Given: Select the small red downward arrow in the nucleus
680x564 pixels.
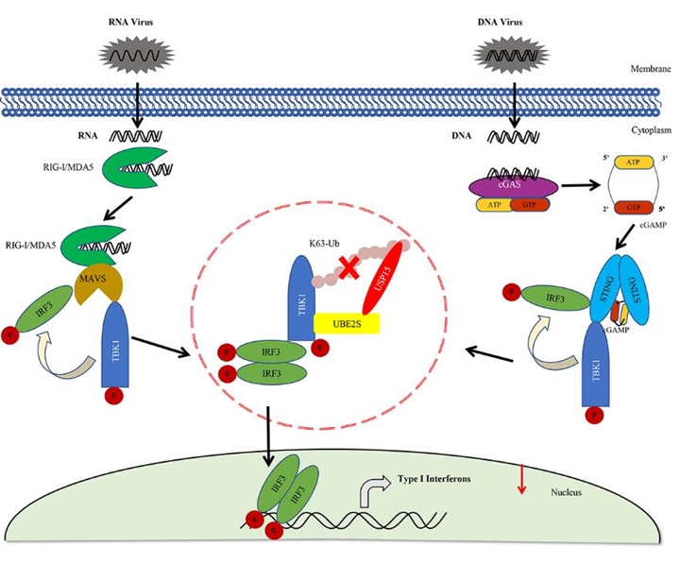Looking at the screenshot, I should [518, 482].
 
